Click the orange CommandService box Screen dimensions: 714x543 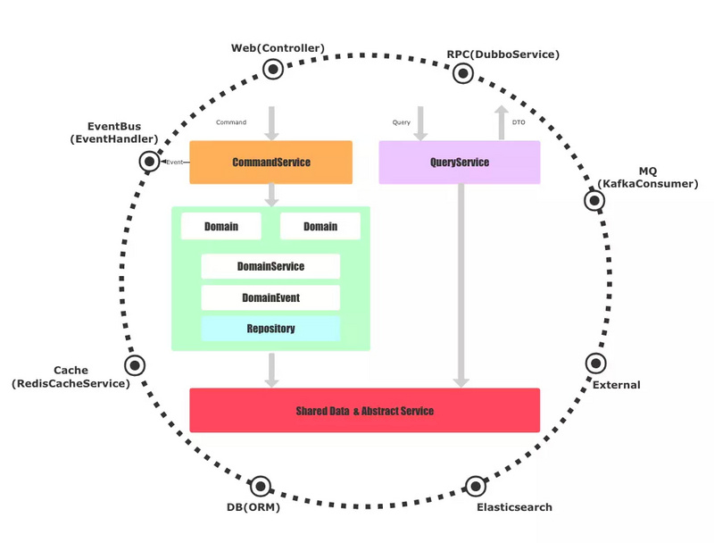point(271,163)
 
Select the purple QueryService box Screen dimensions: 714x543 point(460,163)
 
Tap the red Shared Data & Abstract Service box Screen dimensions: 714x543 point(365,411)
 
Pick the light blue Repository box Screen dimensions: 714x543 point(270,329)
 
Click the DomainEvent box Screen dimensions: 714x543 point(270,297)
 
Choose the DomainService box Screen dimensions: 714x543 point(270,266)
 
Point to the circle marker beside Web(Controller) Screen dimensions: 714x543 point(273,70)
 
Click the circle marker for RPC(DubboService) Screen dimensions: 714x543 point(463,73)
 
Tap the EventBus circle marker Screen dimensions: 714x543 point(149,162)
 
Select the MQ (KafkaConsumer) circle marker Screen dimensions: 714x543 point(594,200)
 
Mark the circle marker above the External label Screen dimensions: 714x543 point(595,363)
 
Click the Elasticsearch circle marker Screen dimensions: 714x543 point(476,487)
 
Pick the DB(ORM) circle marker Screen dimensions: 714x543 point(261,487)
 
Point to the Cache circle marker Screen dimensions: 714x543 point(135,365)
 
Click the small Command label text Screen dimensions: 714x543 point(231,122)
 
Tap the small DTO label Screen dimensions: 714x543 point(519,122)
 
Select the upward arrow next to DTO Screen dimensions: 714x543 point(502,122)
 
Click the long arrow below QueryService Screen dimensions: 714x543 point(461,286)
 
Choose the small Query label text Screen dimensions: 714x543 point(401,122)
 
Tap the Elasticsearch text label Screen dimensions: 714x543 point(515,507)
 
